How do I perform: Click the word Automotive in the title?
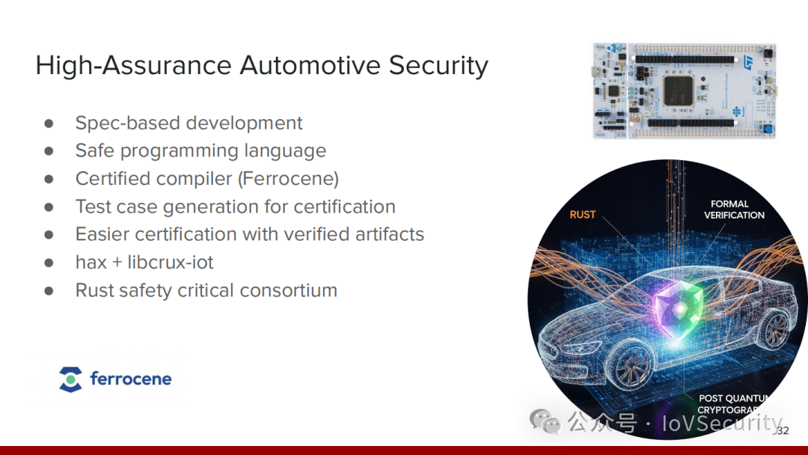(310, 65)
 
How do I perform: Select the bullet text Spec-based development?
(189, 123)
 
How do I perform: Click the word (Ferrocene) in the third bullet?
(289, 179)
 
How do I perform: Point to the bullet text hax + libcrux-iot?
(144, 262)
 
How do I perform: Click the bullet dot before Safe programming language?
(49, 151)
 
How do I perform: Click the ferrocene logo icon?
(70, 379)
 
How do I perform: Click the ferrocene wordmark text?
(131, 379)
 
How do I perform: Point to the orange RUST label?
(583, 215)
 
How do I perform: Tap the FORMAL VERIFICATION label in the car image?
(734, 210)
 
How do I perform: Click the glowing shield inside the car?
(679, 308)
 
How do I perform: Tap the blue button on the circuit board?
(768, 129)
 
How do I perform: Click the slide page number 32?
(783, 431)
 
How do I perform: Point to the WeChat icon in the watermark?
(545, 421)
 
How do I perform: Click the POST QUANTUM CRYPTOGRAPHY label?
(732, 404)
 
